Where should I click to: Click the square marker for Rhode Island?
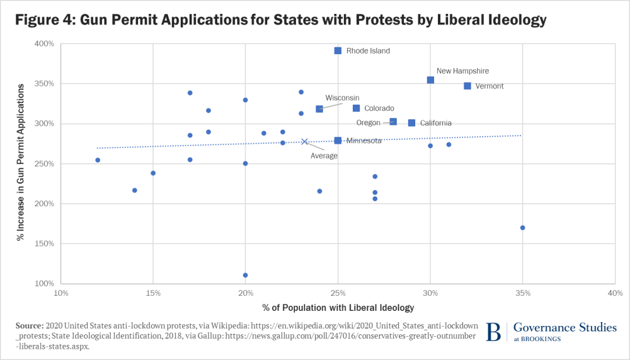[x=338, y=50]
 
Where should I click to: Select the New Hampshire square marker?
[x=430, y=80]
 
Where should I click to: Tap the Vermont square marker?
[x=467, y=86]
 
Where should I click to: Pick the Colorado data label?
[x=379, y=108]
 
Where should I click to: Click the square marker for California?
[x=412, y=123]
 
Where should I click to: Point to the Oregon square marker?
[x=393, y=122]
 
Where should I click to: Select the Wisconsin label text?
[x=342, y=98]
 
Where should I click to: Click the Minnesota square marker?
[x=338, y=141]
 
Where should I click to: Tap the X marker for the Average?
[x=304, y=142]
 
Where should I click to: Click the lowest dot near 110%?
[x=246, y=275]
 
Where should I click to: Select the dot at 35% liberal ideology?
[x=523, y=228]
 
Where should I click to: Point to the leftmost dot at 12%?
[x=98, y=160]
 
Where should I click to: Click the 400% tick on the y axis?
[x=45, y=44]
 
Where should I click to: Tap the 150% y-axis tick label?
[x=45, y=243]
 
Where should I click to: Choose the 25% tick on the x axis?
[x=338, y=293]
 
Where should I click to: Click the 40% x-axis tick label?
[x=615, y=293]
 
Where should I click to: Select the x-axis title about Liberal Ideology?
[x=338, y=308]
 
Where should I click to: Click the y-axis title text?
[x=21, y=162]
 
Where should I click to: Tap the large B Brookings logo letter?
[x=494, y=332]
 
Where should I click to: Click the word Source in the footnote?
[x=30, y=325]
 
